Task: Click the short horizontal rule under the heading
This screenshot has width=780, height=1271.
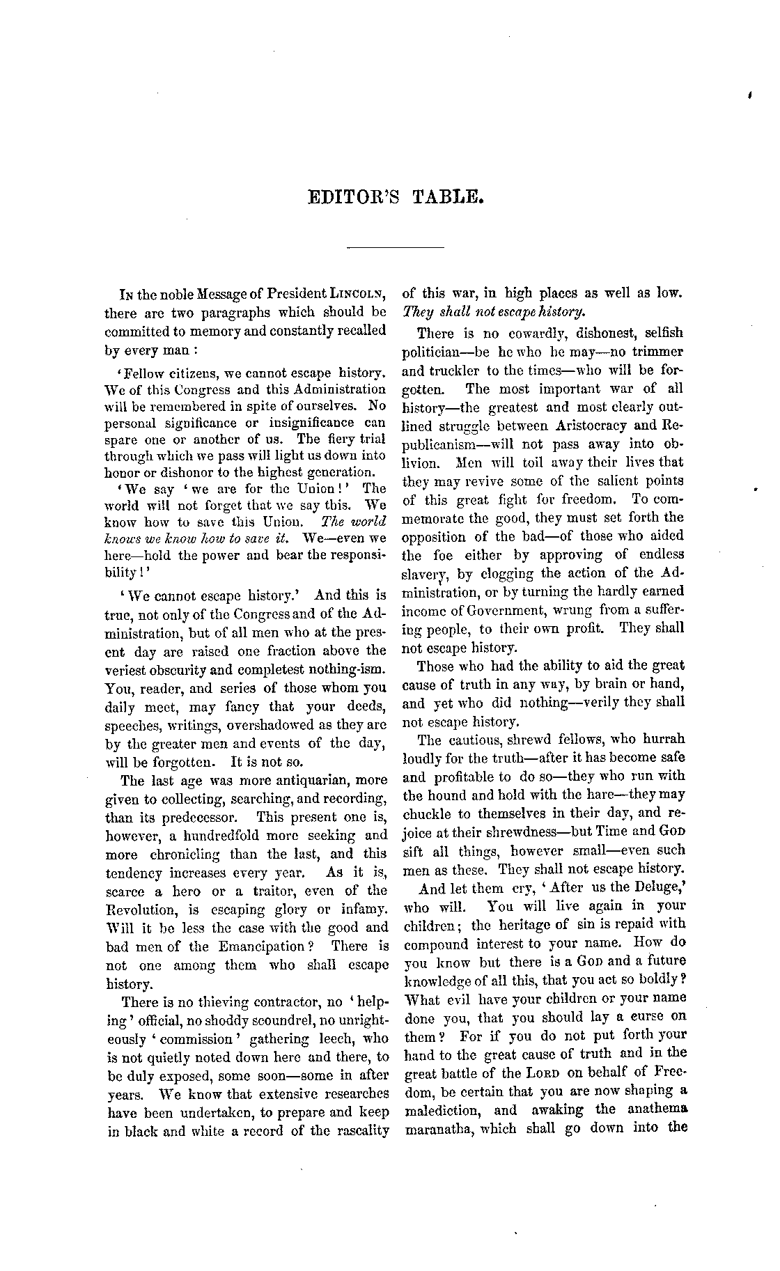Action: pyautogui.click(x=395, y=247)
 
